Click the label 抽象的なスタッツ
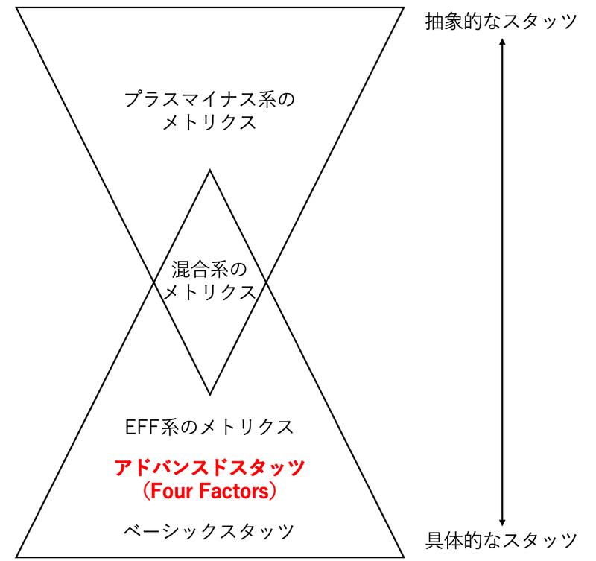pyautogui.click(x=501, y=21)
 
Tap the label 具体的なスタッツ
pyautogui.click(x=501, y=539)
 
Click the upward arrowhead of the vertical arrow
pyautogui.click(x=503, y=42)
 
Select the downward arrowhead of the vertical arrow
pyautogui.click(x=503, y=524)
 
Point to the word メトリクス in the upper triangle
pyautogui.click(x=209, y=123)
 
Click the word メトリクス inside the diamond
pyautogui.click(x=209, y=291)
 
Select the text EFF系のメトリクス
pyautogui.click(x=209, y=428)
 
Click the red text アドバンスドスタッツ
pyautogui.click(x=209, y=468)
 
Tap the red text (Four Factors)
pyautogui.click(x=209, y=492)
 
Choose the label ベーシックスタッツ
pyautogui.click(x=209, y=531)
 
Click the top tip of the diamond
pyautogui.click(x=209, y=171)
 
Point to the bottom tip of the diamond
pyautogui.click(x=209, y=394)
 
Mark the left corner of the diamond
pyautogui.click(x=153, y=282)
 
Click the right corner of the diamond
pyautogui.click(x=266, y=282)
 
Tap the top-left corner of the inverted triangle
pyautogui.click(x=17, y=8)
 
